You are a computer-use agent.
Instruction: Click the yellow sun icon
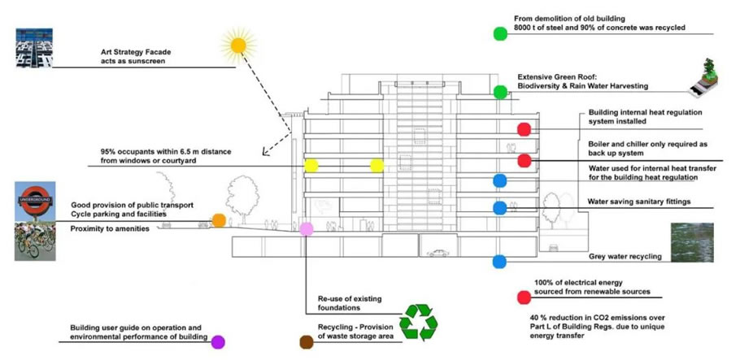[x=237, y=45]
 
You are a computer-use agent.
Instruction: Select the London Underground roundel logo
[x=35, y=201]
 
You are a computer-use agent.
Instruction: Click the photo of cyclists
[x=34, y=241]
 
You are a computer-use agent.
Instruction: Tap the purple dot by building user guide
[x=218, y=341]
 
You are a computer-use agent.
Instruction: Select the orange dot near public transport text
[x=219, y=219]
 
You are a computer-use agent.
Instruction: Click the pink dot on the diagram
[x=307, y=229]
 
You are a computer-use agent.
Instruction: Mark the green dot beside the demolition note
[x=500, y=33]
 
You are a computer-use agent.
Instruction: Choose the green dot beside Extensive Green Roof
[x=500, y=92]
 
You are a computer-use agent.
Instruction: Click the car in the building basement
[x=438, y=252]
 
